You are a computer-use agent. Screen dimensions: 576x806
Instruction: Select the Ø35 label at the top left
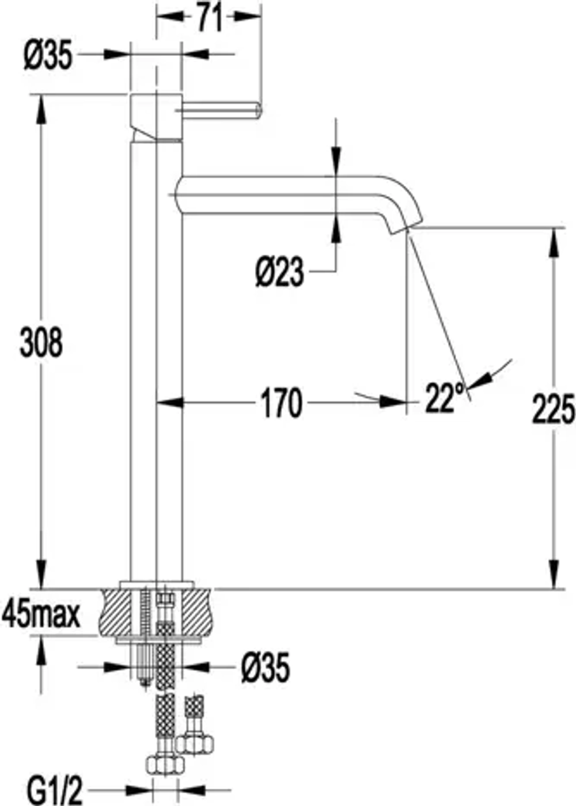coord(48,54)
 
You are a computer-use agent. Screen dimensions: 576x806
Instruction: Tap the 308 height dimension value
coord(41,343)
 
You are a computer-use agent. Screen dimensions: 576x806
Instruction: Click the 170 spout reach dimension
coord(281,404)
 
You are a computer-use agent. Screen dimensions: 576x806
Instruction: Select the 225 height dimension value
coord(554,409)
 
